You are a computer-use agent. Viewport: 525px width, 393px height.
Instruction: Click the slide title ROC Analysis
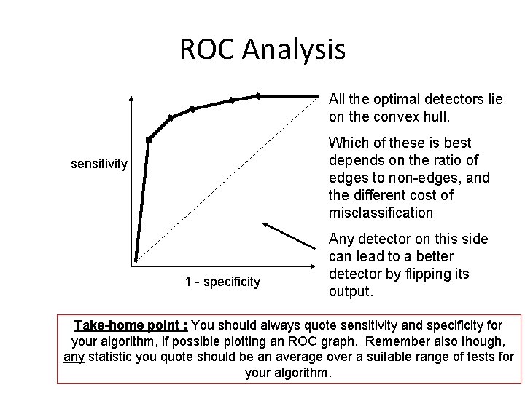coord(262,49)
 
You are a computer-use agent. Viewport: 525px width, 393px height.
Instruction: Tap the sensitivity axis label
coord(99,164)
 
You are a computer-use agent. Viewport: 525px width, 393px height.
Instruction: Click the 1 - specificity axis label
coord(222,282)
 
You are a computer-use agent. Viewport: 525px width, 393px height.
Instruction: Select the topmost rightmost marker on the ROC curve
coord(257,95)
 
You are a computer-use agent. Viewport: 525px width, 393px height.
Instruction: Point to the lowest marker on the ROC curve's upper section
coord(148,139)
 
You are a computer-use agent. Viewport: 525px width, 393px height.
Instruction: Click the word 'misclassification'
coord(381,213)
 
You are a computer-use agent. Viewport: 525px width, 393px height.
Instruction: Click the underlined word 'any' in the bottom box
coord(74,357)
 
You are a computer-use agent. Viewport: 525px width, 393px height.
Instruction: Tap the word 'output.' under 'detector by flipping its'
coord(351,292)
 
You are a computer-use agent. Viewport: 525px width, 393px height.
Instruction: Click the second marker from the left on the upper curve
coord(171,117)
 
